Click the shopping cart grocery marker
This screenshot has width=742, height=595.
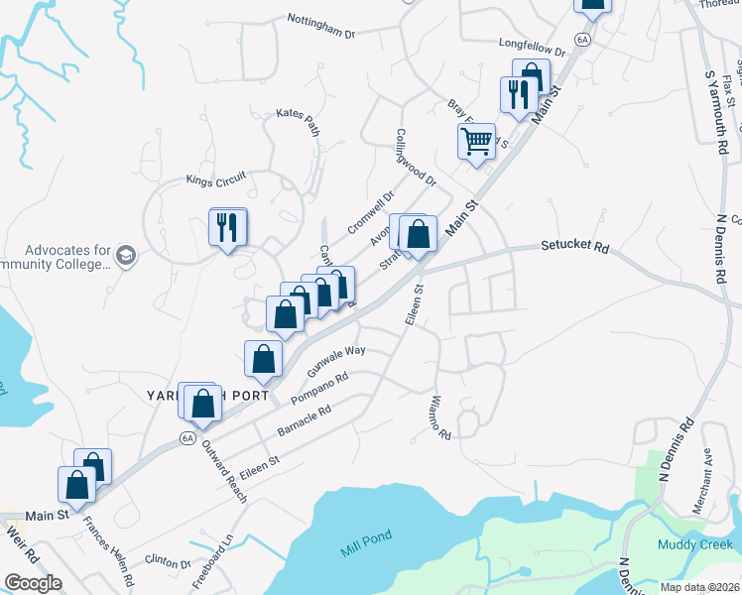(476, 141)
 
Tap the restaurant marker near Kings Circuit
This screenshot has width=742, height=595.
(228, 227)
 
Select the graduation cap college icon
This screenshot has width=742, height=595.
(125, 256)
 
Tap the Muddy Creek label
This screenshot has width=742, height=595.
(692, 544)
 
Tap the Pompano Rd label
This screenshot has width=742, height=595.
(319, 389)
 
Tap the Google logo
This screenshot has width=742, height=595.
(33, 583)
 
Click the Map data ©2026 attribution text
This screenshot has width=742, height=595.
(699, 587)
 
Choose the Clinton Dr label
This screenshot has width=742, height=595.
(167, 562)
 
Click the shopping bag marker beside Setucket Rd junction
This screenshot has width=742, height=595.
(419, 235)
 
